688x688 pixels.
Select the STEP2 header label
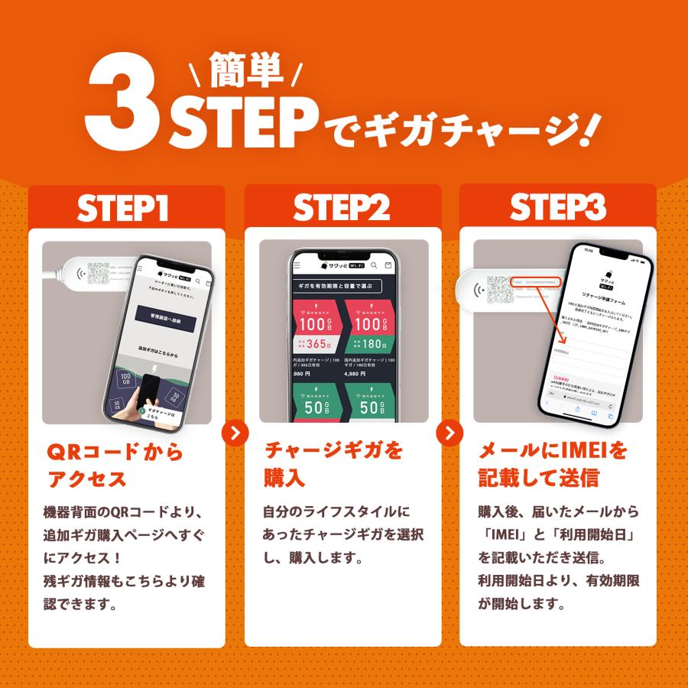342,208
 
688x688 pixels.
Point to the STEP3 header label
558,208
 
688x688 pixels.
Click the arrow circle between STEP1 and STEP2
235,433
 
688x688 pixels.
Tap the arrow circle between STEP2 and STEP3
449,433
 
